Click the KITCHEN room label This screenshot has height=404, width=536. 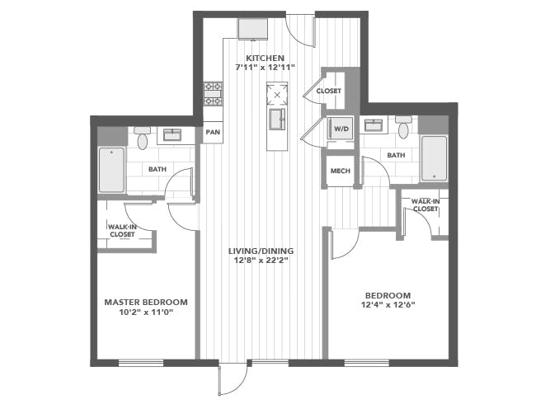coord(265,58)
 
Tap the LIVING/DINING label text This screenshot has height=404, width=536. coord(261,251)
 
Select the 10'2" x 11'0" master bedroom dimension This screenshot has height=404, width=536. coord(146,312)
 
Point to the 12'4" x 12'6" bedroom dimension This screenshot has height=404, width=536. coord(388,304)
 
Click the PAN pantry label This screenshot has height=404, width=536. coord(213,132)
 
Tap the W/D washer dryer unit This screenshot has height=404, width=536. coord(340,129)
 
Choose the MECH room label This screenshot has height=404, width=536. coord(340,171)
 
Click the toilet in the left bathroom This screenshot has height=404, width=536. coord(142,138)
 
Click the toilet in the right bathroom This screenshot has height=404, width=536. coord(404,127)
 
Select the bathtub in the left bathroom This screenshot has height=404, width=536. coord(111,170)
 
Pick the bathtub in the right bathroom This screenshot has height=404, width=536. coord(434,158)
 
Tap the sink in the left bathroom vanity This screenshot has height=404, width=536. coord(172,134)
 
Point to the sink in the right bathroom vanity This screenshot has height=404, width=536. coord(374,124)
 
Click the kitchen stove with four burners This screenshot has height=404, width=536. coord(213,94)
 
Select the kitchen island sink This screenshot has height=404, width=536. coord(277,119)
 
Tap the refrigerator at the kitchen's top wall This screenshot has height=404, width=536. coord(252,30)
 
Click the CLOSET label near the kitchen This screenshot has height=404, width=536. coord(328,92)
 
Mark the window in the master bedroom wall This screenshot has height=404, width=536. coord(141,363)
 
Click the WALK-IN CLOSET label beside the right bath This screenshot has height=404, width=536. coord(426,205)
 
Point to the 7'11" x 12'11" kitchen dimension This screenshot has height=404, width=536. coord(265,68)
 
